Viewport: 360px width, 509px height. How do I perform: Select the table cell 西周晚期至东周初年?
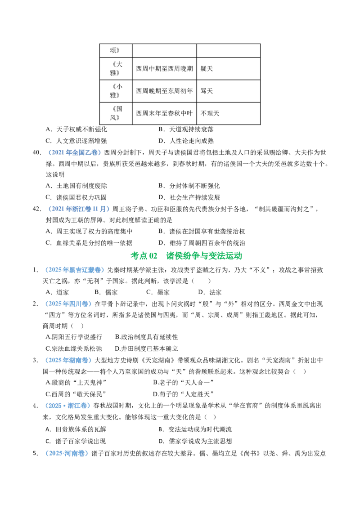[164, 91]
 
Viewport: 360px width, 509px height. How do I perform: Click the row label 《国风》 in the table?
[116, 113]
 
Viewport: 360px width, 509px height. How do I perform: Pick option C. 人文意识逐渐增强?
[76, 141]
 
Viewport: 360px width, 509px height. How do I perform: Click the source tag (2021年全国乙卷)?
[74, 152]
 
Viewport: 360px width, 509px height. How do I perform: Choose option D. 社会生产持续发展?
[189, 197]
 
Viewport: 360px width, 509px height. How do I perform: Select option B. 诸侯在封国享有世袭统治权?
[202, 232]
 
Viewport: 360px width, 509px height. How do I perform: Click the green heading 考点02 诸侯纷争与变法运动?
[186, 256]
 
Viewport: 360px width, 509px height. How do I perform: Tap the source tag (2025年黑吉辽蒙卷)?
[75, 270]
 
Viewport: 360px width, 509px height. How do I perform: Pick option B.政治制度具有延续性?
[147, 337]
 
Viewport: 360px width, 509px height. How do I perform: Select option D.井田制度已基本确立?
[147, 348]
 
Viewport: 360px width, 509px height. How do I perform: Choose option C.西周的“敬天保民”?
[76, 394]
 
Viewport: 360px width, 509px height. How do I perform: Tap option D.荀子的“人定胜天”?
[183, 394]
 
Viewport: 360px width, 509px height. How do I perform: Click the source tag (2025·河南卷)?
[67, 454]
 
